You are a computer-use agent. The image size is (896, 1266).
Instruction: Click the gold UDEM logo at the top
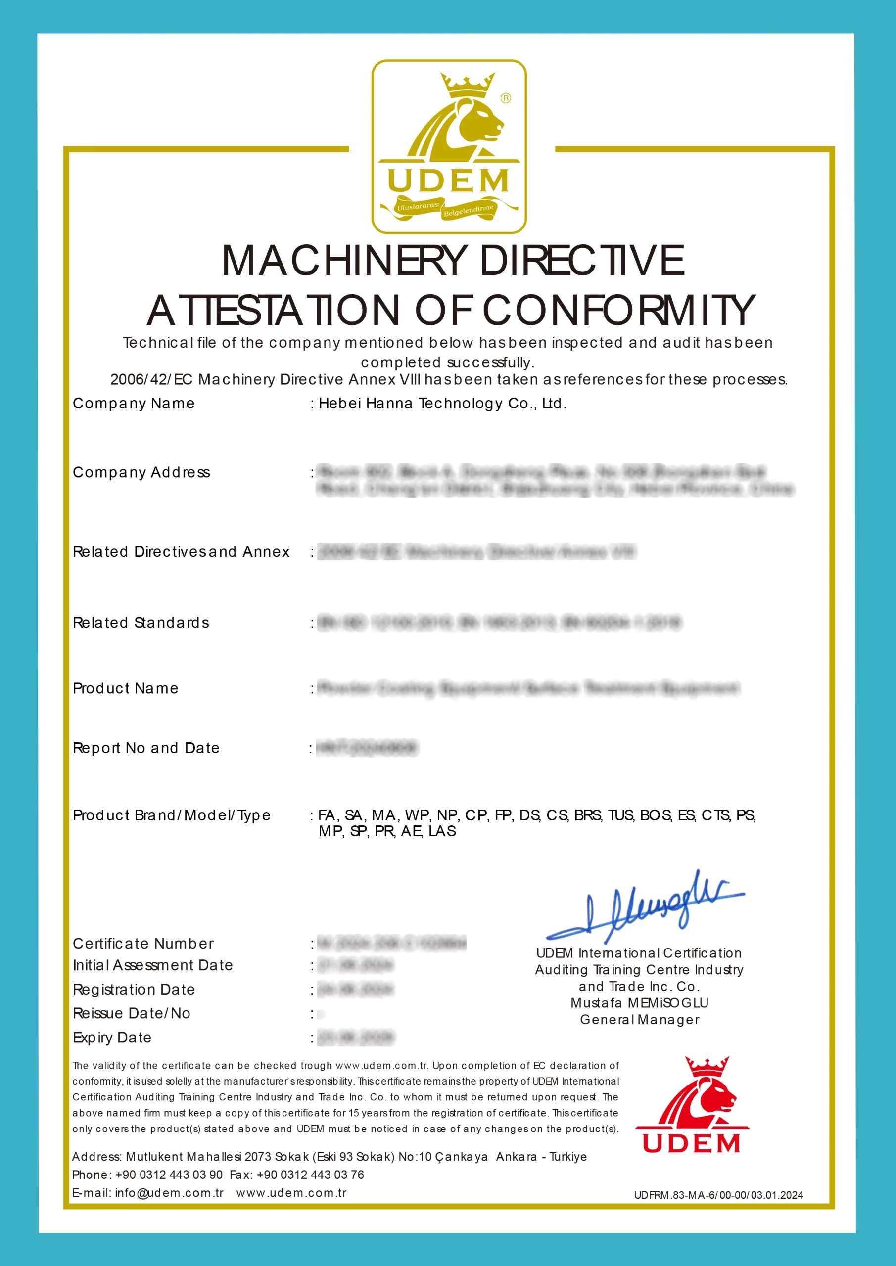coord(449,147)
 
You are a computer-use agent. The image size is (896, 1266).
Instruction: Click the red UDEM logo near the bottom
coord(691,1106)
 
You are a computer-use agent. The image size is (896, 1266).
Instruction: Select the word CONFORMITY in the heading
coord(618,311)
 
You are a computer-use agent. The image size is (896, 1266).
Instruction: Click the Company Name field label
coord(134,404)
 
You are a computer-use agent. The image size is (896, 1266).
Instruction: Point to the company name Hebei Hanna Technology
coord(442,404)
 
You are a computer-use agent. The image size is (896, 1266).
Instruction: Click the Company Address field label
coord(141,473)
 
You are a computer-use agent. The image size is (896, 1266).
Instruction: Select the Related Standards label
coord(141,623)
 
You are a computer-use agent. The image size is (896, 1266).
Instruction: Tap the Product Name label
coord(125,689)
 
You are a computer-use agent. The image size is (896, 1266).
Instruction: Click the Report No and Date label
coord(146,748)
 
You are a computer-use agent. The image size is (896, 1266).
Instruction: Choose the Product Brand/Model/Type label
coord(172,815)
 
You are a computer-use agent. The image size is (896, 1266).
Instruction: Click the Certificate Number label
coord(143,944)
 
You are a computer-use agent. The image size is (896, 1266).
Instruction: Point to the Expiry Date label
coord(112,1038)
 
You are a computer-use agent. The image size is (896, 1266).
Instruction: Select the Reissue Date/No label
coord(131,1013)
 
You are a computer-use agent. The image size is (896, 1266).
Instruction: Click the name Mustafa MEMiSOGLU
coord(639,1003)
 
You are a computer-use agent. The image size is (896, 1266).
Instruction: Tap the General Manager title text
coord(639,1020)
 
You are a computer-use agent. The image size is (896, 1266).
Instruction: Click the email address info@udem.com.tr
coord(169,1193)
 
